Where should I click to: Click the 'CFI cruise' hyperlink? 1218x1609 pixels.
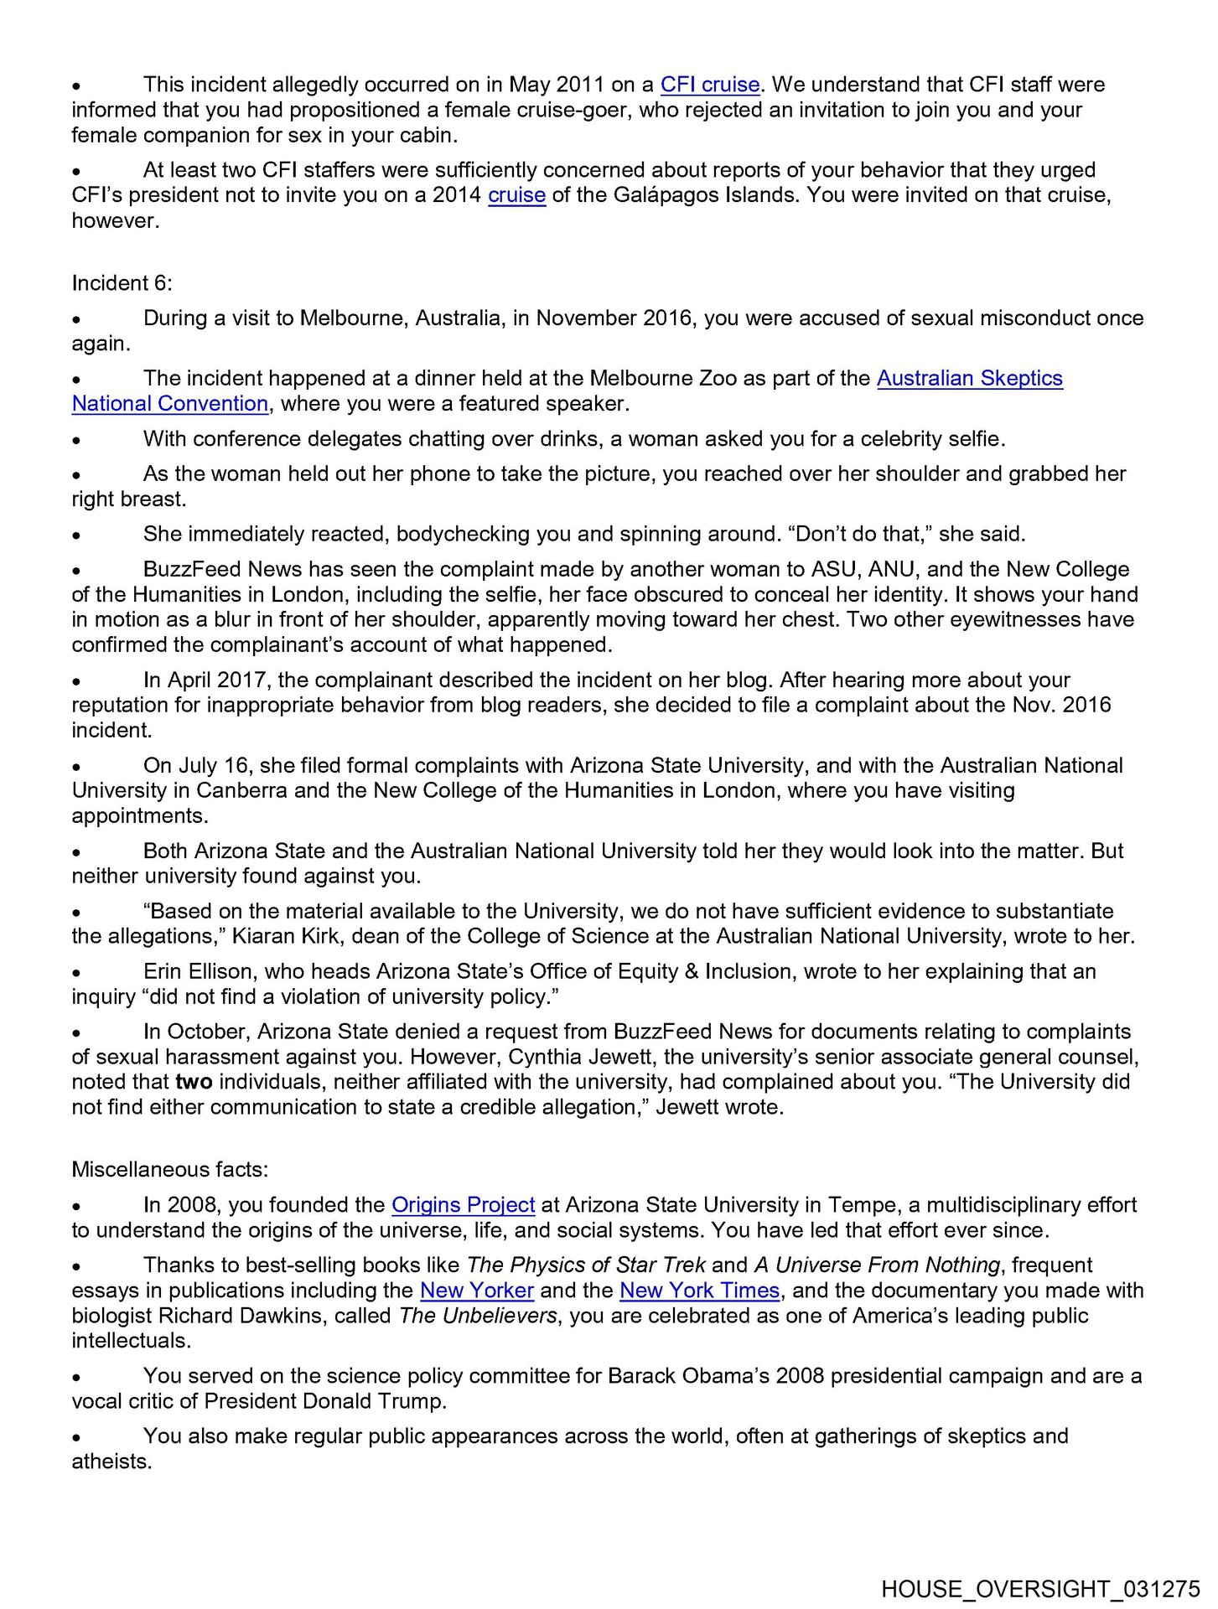point(709,85)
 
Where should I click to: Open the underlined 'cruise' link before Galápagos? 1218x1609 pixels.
point(516,195)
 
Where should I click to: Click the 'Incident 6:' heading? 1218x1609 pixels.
point(122,283)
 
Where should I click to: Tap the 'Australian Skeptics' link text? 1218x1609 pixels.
point(969,379)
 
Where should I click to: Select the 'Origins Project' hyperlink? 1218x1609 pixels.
point(463,1205)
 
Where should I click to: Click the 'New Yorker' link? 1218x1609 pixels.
point(476,1291)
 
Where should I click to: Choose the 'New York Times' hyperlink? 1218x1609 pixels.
point(699,1291)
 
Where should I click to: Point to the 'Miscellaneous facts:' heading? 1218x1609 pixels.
point(169,1170)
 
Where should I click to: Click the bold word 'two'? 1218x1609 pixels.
point(194,1082)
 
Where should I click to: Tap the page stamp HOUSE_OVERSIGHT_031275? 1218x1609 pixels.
point(1040,1589)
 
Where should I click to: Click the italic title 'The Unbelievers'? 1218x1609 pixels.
point(478,1316)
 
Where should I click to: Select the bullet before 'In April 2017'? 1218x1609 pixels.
point(76,682)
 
